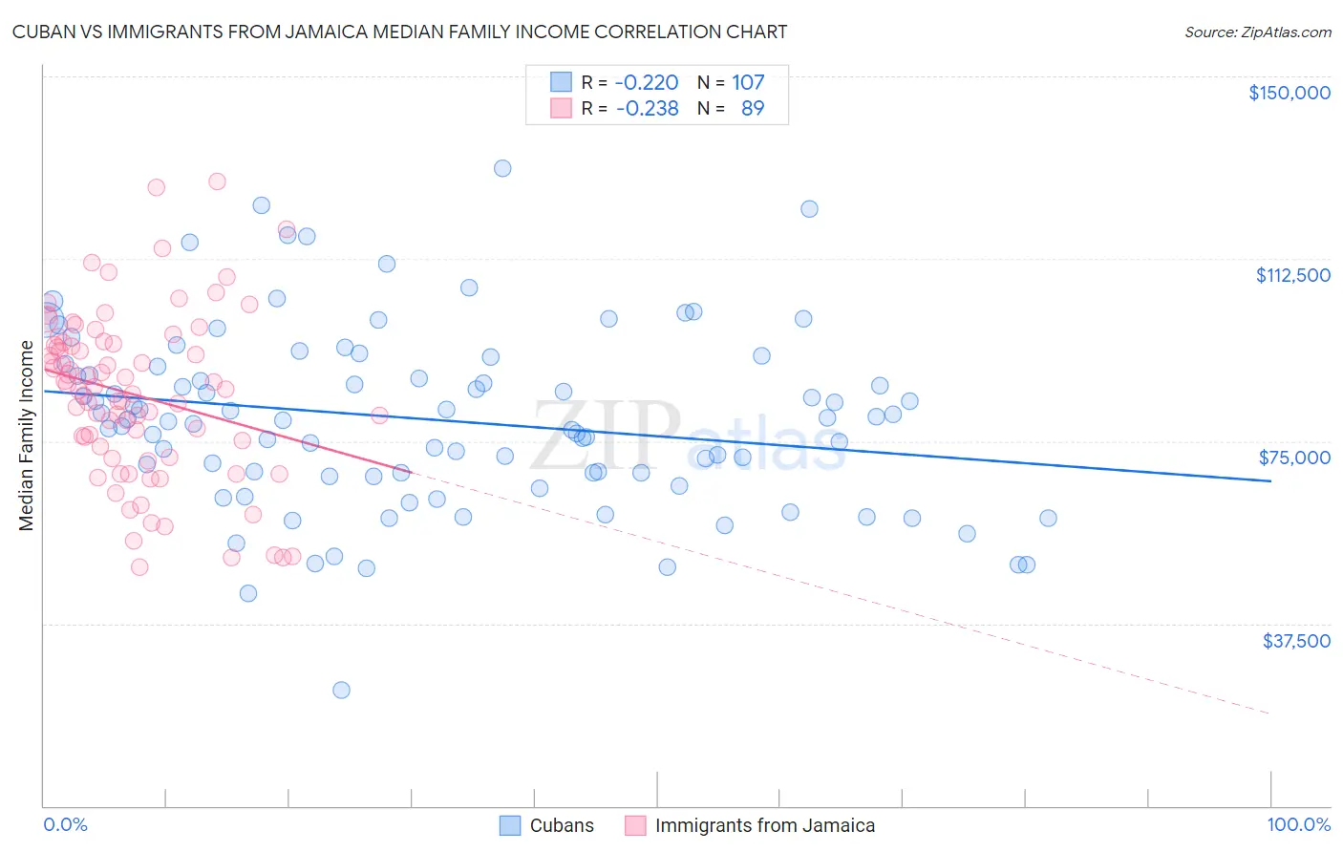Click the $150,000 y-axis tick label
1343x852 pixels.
[1289, 93]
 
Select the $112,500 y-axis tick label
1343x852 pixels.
[1292, 275]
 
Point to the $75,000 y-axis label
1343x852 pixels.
[1294, 458]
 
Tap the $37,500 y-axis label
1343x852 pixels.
[1296, 641]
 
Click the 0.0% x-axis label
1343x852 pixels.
[65, 825]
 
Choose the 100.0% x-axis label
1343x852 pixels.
[1298, 825]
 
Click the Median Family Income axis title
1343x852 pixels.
[26, 436]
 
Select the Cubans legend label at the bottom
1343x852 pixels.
[562, 825]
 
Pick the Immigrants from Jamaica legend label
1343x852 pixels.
[764, 825]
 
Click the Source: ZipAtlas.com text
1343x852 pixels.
[1257, 32]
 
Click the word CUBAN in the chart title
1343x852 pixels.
[42, 32]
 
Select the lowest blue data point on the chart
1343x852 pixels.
[341, 690]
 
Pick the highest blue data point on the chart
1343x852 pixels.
[502, 168]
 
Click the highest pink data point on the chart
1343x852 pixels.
[217, 181]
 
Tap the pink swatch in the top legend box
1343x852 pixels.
[561, 108]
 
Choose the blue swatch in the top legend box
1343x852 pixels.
[561, 82]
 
